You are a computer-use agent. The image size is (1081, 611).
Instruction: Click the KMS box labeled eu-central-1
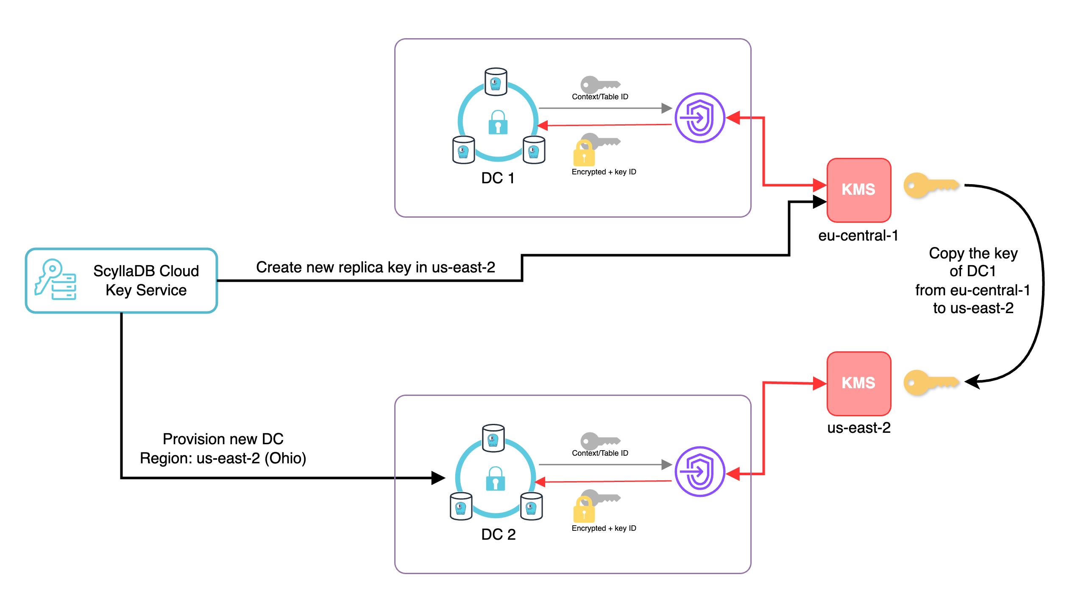pos(858,190)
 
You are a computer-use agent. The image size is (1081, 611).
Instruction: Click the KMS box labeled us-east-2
pos(858,383)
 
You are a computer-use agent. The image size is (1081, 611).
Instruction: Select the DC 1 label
pos(498,178)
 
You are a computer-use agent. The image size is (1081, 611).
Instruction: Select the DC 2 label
pos(498,535)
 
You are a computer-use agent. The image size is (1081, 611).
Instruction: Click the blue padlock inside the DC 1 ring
pos(498,123)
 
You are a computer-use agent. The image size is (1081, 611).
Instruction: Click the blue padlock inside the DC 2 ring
pos(495,479)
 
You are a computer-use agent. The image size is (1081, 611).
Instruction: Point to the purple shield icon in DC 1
pos(699,118)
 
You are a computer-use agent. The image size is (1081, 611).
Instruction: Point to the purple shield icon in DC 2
pos(699,471)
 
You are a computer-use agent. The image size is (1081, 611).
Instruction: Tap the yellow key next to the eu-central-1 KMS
pos(931,185)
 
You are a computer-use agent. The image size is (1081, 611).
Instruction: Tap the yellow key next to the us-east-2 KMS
pos(931,382)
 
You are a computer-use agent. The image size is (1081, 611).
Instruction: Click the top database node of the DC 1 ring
pos(496,81)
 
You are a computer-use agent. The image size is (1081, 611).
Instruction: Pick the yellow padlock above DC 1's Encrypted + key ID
pos(584,154)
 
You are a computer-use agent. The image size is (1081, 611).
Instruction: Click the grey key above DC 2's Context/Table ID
pos(599,440)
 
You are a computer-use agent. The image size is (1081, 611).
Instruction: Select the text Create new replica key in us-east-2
pos(375,267)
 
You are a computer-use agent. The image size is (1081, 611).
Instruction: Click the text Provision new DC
pos(223,439)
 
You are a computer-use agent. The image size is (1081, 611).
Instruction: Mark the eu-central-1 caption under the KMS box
pos(858,235)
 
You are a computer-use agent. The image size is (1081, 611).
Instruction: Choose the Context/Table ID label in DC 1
pos(600,97)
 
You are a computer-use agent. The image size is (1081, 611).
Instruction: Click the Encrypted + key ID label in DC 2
pos(604,528)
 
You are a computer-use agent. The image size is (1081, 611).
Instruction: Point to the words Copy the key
pos(973,253)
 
